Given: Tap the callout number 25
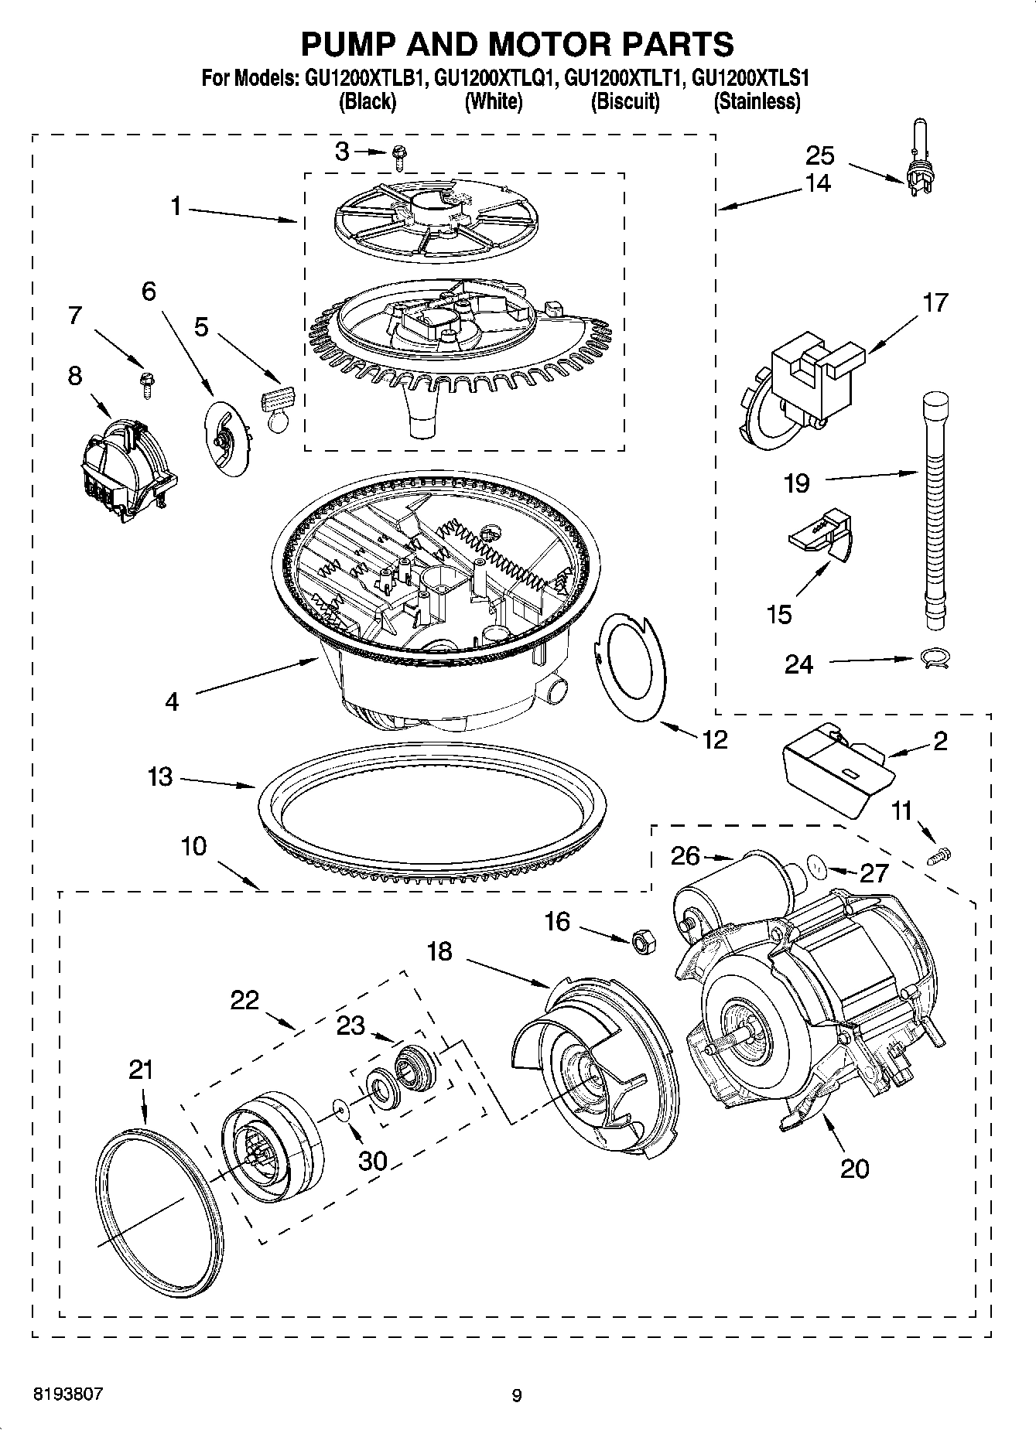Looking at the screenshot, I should click(x=820, y=155).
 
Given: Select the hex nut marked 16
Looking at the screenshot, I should click(x=643, y=941).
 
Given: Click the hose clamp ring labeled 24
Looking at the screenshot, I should click(x=935, y=659).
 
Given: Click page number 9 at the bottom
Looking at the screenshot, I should click(x=516, y=1395).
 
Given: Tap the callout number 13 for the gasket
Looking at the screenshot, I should click(x=160, y=776).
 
